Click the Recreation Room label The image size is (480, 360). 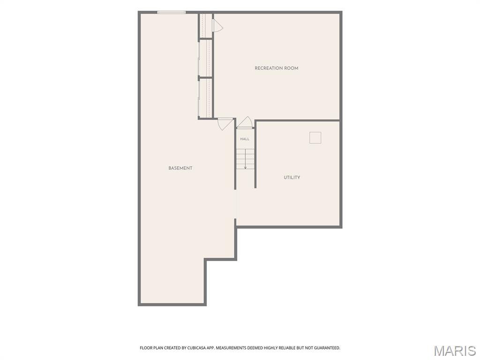[x=276, y=68]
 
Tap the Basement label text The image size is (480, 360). [x=180, y=168]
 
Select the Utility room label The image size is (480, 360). [x=292, y=178]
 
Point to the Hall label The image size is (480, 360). [x=245, y=139]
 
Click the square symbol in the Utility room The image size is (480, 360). [x=315, y=138]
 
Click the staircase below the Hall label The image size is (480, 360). [x=245, y=159]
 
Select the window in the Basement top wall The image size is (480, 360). [x=172, y=12]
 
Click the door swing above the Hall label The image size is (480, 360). [x=245, y=122]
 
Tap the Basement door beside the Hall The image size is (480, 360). [x=225, y=124]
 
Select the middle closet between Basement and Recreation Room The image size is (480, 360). [x=205, y=58]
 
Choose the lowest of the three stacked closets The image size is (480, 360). [x=205, y=98]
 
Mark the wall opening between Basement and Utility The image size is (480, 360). [x=235, y=204]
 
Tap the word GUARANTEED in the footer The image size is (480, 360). [x=327, y=348]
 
